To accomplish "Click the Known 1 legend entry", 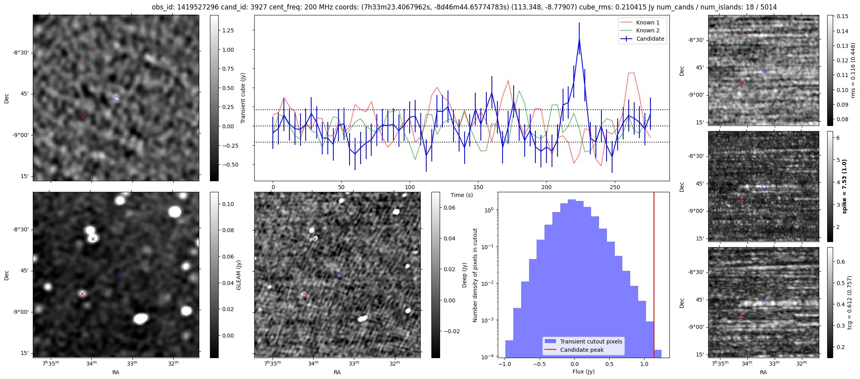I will click(x=647, y=23).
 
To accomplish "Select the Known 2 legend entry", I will click(x=647, y=30).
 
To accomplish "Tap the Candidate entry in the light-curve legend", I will click(x=650, y=39).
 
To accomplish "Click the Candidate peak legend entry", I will click(x=582, y=350).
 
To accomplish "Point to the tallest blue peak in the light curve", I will click(x=579, y=39).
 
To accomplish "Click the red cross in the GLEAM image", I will click(x=82, y=294).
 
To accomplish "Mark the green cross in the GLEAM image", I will click(x=93, y=239).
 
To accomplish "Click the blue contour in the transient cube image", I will click(x=117, y=99).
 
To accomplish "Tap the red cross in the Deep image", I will click(x=304, y=294).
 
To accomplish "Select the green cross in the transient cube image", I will click(x=93, y=62).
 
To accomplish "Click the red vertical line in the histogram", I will click(x=654, y=276).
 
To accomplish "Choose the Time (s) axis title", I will click(x=461, y=195).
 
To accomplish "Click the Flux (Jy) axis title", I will click(x=583, y=371).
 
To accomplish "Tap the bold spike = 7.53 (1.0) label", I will click(x=844, y=186).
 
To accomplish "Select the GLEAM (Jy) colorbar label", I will click(x=238, y=275).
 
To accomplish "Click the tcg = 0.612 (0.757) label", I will click(x=849, y=302).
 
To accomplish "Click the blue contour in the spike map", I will click(x=764, y=187).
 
